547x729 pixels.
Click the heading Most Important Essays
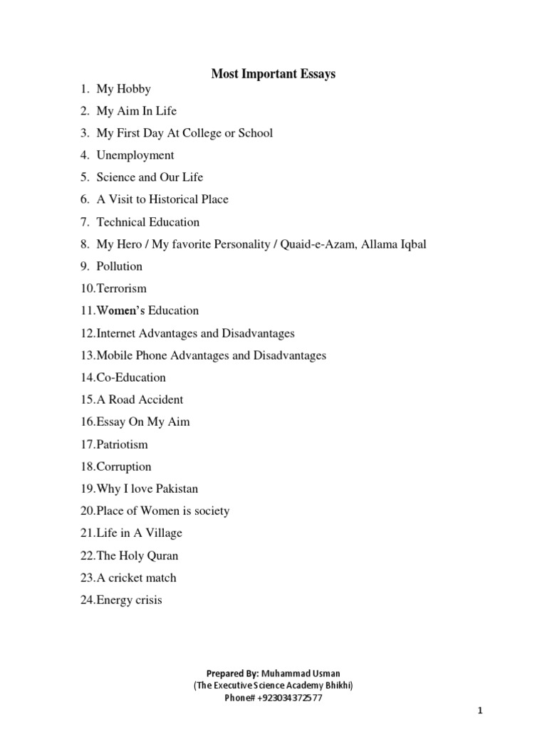coord(273,73)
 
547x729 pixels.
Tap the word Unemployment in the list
coord(135,155)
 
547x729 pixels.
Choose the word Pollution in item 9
coord(120,266)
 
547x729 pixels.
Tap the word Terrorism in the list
coord(122,288)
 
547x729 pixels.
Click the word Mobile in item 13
coord(114,355)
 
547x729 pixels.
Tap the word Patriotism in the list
coord(123,444)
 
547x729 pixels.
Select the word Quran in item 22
coord(163,555)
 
